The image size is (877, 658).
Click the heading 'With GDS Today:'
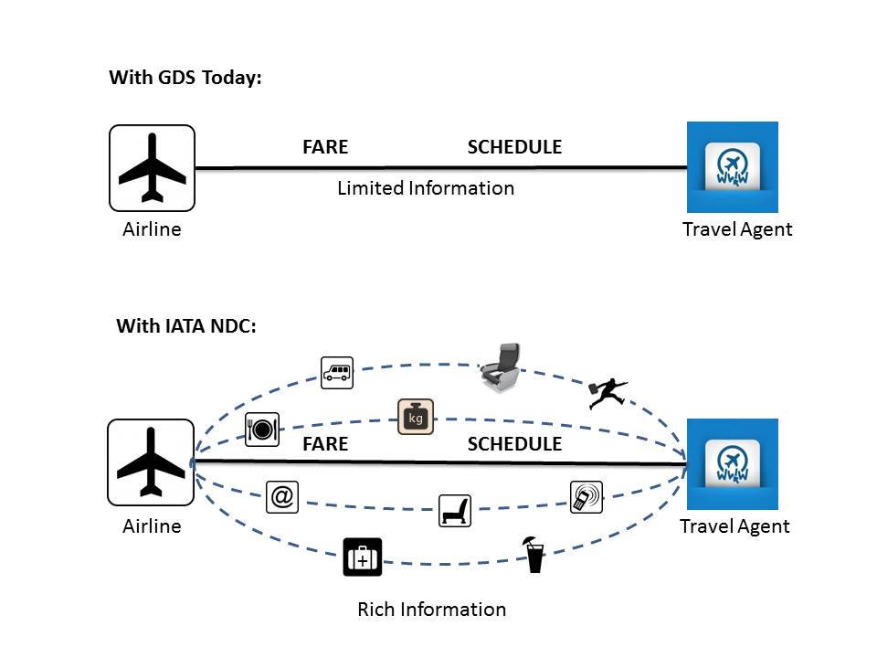click(185, 78)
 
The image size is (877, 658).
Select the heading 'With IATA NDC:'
click(186, 326)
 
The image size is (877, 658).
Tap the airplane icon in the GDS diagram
click(152, 168)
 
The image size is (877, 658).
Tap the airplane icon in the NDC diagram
click(151, 462)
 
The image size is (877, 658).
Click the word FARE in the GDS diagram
click(325, 147)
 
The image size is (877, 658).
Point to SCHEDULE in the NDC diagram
click(514, 444)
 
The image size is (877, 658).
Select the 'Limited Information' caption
click(426, 188)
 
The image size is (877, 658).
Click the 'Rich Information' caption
click(431, 609)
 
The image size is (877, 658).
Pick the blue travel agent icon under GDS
click(733, 167)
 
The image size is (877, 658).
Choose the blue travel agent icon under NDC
click(733, 464)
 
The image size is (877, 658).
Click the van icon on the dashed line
click(336, 372)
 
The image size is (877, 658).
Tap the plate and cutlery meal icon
click(262, 428)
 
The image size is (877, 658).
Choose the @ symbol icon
click(282, 496)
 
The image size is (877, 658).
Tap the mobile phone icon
click(586, 496)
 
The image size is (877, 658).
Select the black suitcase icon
click(362, 557)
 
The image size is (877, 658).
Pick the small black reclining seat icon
click(455, 510)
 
